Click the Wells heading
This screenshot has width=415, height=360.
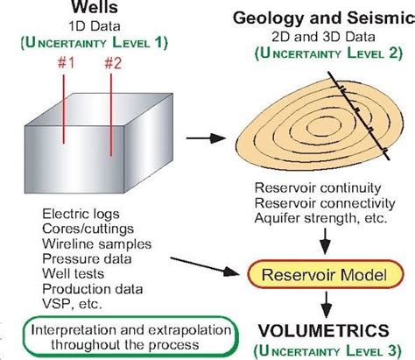point(94,10)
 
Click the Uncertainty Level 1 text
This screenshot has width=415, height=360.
point(95,41)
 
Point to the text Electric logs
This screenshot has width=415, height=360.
point(80,213)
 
